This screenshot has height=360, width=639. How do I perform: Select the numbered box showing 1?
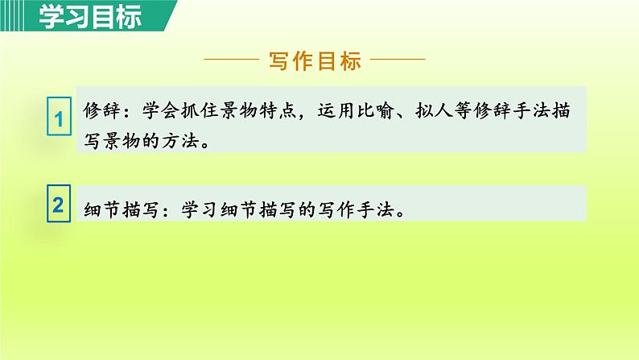(58, 121)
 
